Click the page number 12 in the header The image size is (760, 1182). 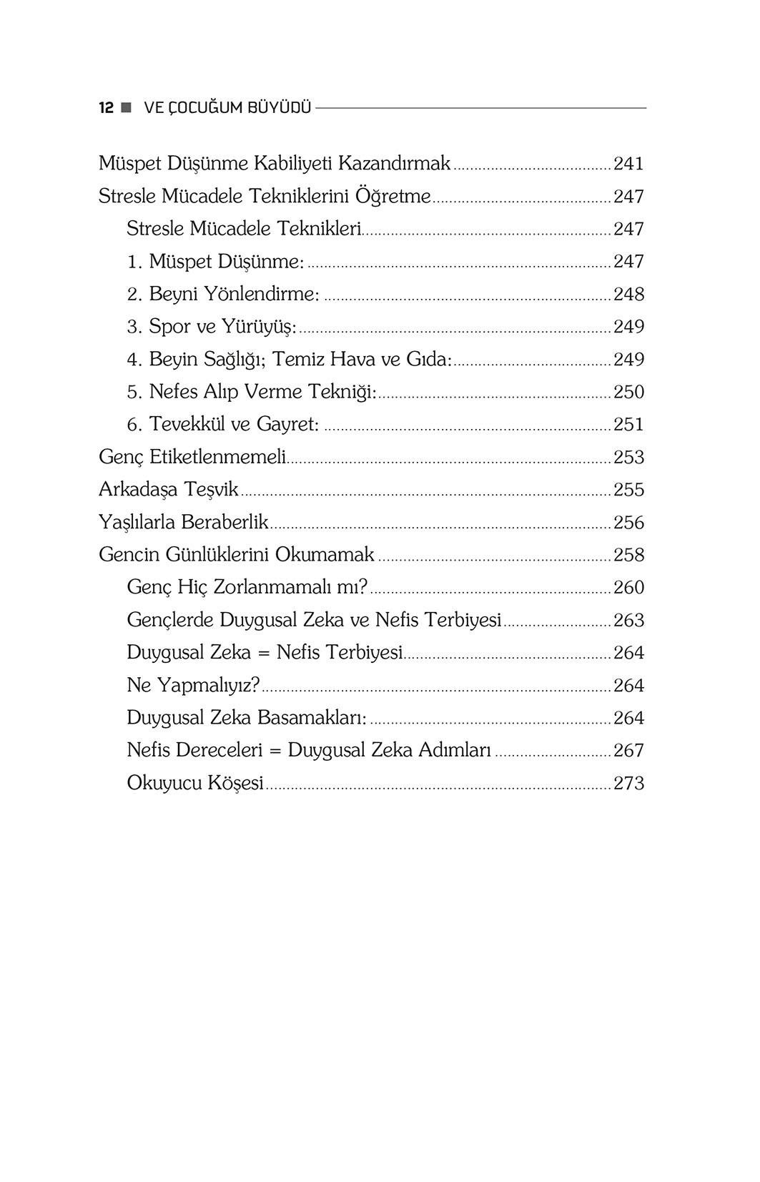point(106,108)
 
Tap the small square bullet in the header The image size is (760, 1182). point(127,108)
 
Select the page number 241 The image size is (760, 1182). point(628,164)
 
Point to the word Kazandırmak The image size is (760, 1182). point(394,163)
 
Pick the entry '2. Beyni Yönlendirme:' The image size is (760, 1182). point(223,294)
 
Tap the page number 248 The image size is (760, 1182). point(628,294)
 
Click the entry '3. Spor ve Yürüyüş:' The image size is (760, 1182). point(212,327)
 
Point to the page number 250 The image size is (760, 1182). point(628,392)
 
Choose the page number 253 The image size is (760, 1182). point(628,457)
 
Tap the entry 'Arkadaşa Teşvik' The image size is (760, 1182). point(169,489)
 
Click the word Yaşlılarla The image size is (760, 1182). point(137,522)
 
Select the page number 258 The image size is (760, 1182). point(628,555)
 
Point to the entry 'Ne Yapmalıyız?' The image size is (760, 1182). point(193,685)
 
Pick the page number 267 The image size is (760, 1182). point(628,750)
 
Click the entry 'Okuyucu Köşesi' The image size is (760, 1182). point(195,783)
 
